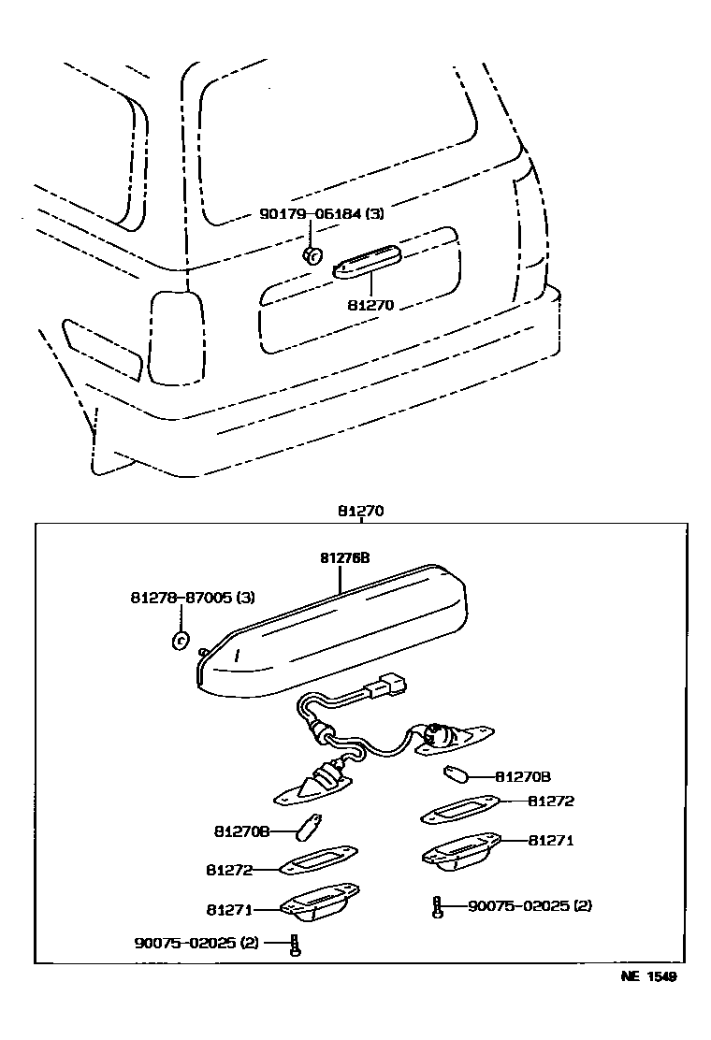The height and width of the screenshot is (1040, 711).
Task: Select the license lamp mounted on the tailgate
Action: tap(367, 261)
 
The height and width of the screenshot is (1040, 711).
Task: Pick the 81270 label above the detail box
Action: tap(361, 512)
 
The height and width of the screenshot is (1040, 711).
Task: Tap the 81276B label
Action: tap(345, 557)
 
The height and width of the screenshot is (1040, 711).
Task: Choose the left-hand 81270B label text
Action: tap(242, 831)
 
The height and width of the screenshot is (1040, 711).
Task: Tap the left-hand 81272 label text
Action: tap(230, 869)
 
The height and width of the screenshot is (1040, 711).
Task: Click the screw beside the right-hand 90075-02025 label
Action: tap(437, 906)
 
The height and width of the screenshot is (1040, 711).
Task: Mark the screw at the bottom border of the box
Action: tap(296, 944)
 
